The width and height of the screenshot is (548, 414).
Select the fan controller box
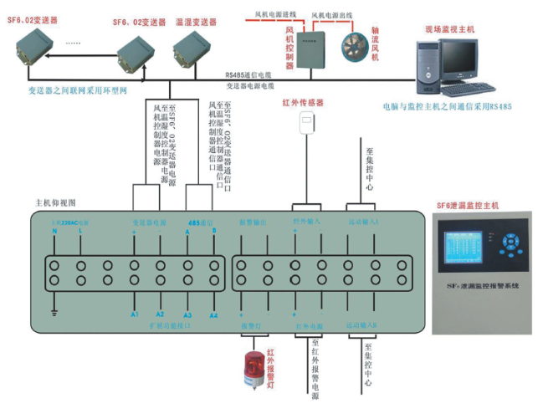pos(315,49)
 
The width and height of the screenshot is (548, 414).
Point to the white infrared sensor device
pos(306,122)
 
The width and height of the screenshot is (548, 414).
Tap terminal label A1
pos(134,315)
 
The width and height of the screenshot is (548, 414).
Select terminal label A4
pos(213,315)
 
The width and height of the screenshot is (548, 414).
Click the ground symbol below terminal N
pos(54,314)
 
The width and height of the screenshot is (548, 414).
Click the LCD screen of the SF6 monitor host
pos(467,248)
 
